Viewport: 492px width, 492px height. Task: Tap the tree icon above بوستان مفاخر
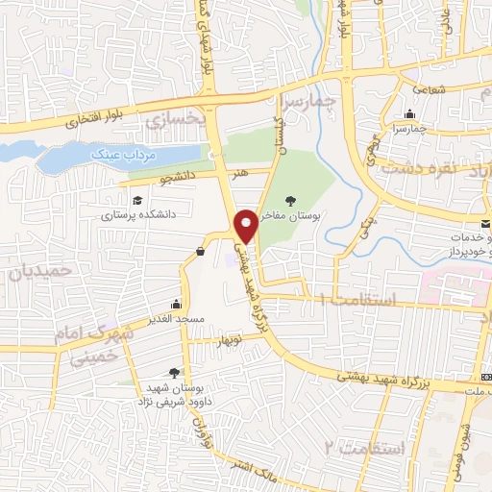tap(292, 201)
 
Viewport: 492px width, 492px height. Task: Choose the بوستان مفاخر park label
tap(292, 217)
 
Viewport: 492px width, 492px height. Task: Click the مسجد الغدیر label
tap(173, 317)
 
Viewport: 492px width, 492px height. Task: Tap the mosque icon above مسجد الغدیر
tap(175, 302)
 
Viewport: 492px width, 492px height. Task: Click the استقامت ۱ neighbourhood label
tap(356, 301)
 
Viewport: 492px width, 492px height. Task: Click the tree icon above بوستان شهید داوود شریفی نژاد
tap(174, 371)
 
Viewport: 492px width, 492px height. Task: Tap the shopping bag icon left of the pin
tap(200, 252)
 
